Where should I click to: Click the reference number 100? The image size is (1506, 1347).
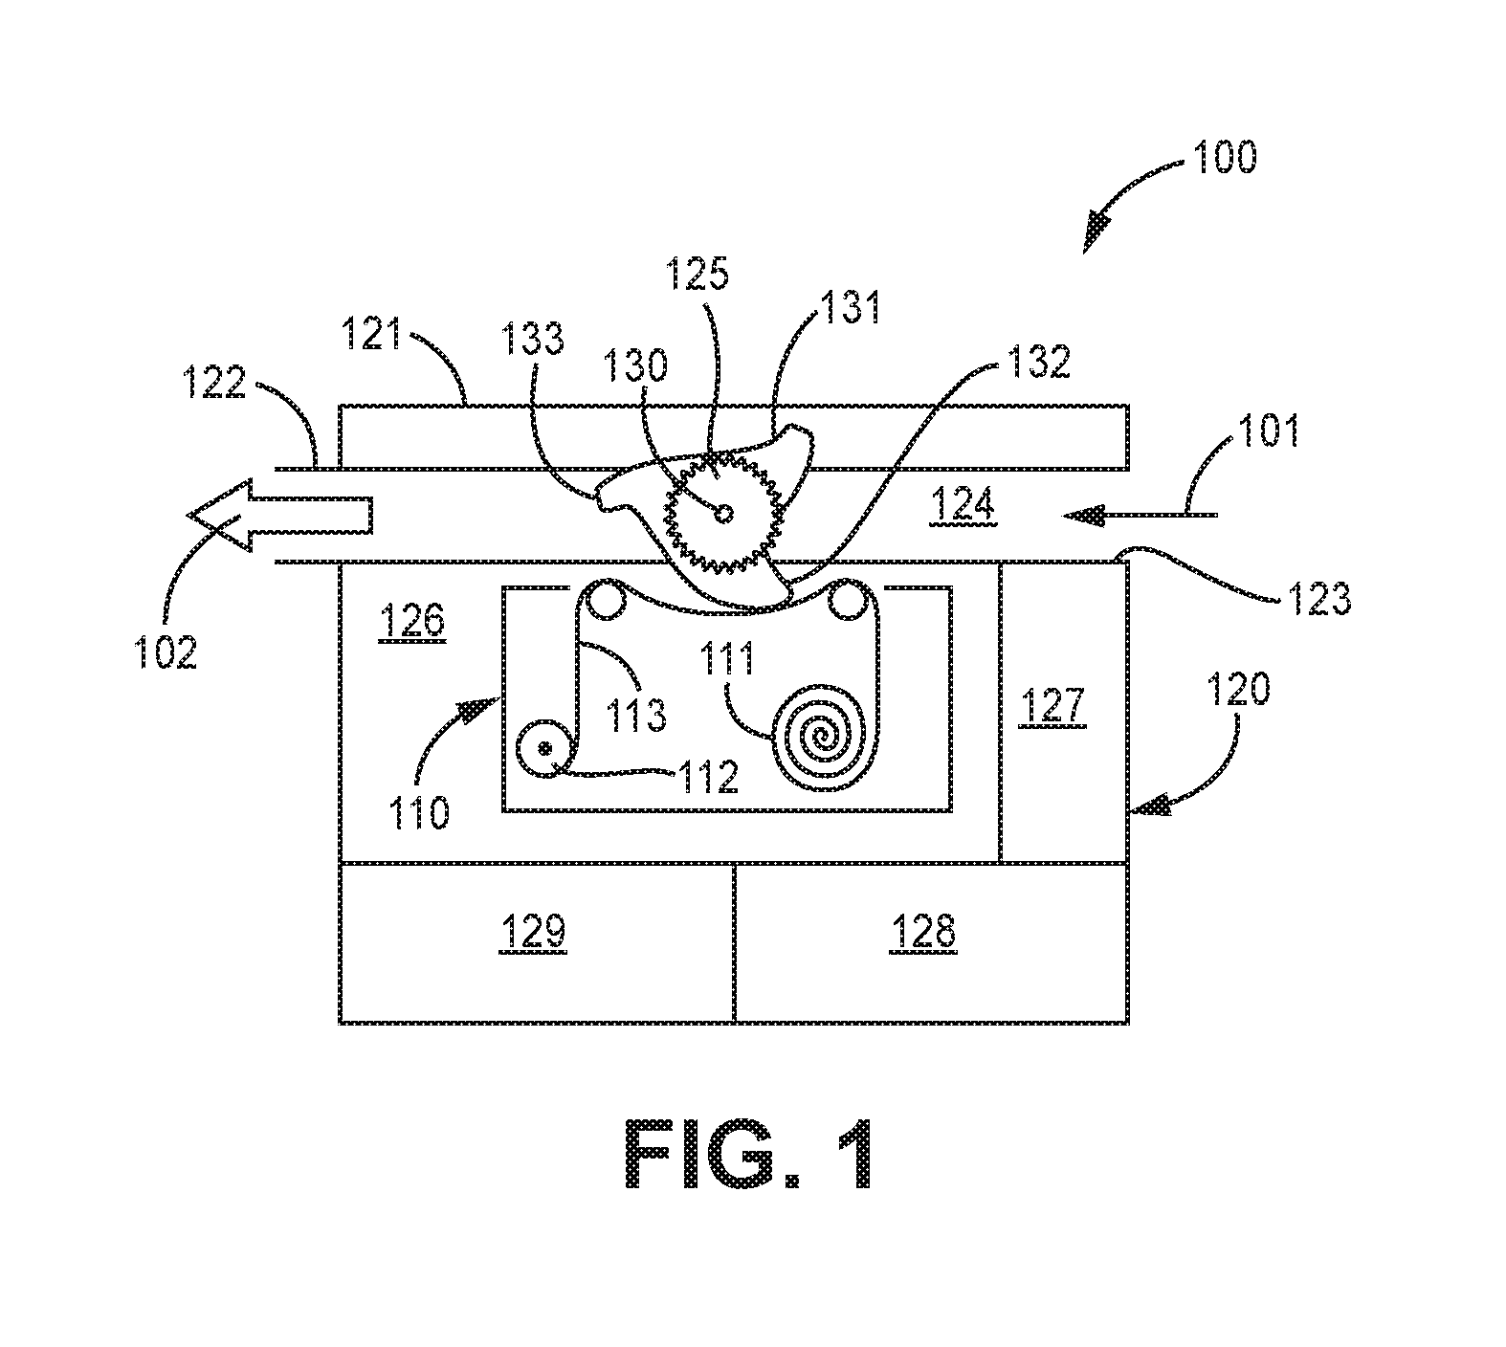[x=1223, y=156]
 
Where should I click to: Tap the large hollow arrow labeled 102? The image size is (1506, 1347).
[x=279, y=516]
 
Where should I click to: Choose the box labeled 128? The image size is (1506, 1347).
[x=931, y=942]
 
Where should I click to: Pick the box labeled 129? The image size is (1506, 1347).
[x=537, y=942]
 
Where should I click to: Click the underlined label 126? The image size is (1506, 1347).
[x=412, y=622]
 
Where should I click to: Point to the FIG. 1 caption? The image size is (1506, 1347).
[x=750, y=1156]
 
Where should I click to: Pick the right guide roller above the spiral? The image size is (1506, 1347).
[x=846, y=600]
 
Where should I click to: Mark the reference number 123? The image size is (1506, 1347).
[x=1317, y=597]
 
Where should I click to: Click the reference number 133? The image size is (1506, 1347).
[x=536, y=340]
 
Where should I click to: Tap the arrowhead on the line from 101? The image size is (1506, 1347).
[x=1082, y=516]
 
